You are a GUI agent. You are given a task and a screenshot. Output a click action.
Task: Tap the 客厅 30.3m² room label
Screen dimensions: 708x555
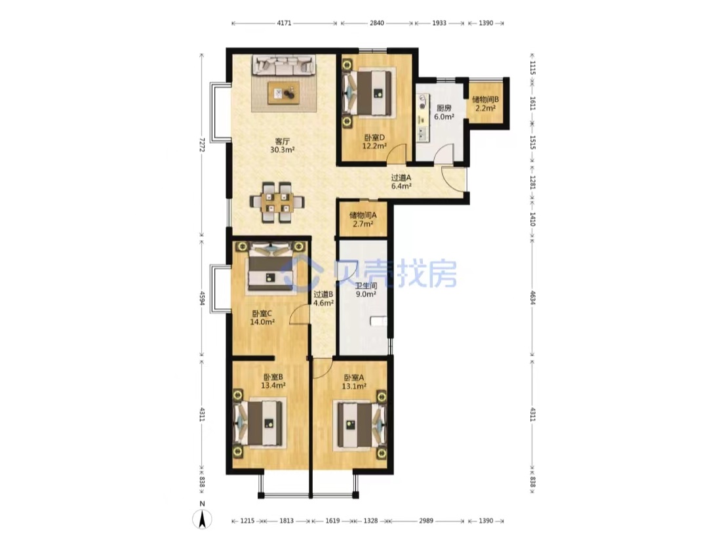[282, 145]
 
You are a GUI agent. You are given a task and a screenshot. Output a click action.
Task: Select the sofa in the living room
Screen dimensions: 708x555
[284, 65]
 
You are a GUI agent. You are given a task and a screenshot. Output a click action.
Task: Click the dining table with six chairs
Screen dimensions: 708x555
[277, 202]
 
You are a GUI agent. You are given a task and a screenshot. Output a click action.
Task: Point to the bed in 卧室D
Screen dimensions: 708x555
[367, 93]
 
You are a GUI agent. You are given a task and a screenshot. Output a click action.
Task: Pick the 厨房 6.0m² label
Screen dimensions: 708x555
[444, 112]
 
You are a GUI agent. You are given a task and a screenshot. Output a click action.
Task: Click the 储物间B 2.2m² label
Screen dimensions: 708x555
[485, 104]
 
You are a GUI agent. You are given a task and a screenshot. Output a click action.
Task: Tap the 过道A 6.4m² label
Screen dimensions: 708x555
[401, 182]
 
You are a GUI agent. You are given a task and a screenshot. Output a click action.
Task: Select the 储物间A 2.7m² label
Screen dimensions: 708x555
[363, 219]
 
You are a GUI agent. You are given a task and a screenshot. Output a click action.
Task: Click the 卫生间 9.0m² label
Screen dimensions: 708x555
[366, 290]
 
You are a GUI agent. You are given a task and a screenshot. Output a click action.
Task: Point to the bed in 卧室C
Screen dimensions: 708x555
[271, 268]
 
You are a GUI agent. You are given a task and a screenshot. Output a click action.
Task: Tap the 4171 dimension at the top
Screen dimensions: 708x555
[284, 22]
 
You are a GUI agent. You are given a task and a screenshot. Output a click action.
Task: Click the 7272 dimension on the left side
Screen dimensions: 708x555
[202, 144]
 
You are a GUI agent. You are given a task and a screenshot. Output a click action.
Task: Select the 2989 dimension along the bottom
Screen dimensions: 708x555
[426, 521]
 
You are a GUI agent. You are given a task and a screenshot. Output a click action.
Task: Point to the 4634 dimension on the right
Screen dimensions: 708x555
[533, 297]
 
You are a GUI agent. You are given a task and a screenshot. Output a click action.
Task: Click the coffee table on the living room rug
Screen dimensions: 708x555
[284, 92]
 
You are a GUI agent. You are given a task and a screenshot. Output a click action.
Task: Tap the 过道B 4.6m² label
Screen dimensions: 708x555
[323, 298]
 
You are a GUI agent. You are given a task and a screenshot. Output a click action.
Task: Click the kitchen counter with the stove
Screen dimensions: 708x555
[423, 117]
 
